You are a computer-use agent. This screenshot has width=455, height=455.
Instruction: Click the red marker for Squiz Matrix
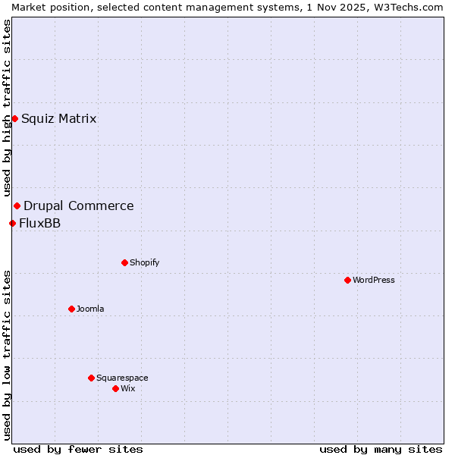pyautogui.click(x=14, y=118)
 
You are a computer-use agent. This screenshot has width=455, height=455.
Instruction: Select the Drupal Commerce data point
pyautogui.click(x=17, y=206)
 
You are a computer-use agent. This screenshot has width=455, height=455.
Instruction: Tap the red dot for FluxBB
pyautogui.click(x=12, y=223)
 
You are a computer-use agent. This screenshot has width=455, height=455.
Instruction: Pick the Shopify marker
pyautogui.click(x=124, y=262)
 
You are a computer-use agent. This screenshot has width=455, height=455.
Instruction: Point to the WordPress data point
pyautogui.click(x=347, y=280)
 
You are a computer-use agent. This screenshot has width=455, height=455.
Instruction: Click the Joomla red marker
pyautogui.click(x=71, y=309)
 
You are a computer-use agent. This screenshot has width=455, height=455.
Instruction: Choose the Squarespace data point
pyautogui.click(x=91, y=378)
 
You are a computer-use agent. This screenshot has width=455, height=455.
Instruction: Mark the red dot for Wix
pyautogui.click(x=115, y=388)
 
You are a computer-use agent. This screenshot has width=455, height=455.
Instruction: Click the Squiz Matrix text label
pyautogui.click(x=59, y=118)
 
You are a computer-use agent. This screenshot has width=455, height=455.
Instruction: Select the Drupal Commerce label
pyautogui.click(x=79, y=206)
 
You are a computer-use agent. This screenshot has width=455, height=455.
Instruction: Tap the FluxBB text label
pyautogui.click(x=40, y=223)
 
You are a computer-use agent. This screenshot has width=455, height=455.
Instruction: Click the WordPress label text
pyautogui.click(x=374, y=280)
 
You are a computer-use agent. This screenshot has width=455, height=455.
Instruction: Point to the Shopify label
pyautogui.click(x=144, y=262)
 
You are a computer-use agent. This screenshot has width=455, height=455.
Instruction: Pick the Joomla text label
pyautogui.click(x=90, y=309)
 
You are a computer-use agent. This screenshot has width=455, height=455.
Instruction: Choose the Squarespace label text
pyautogui.click(x=122, y=378)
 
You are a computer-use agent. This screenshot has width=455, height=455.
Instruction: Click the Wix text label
pyautogui.click(x=127, y=388)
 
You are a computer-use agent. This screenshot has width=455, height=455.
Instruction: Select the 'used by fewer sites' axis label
pyautogui.click(x=78, y=449)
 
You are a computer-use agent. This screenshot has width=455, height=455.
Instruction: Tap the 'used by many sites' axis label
pyautogui.click(x=381, y=449)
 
